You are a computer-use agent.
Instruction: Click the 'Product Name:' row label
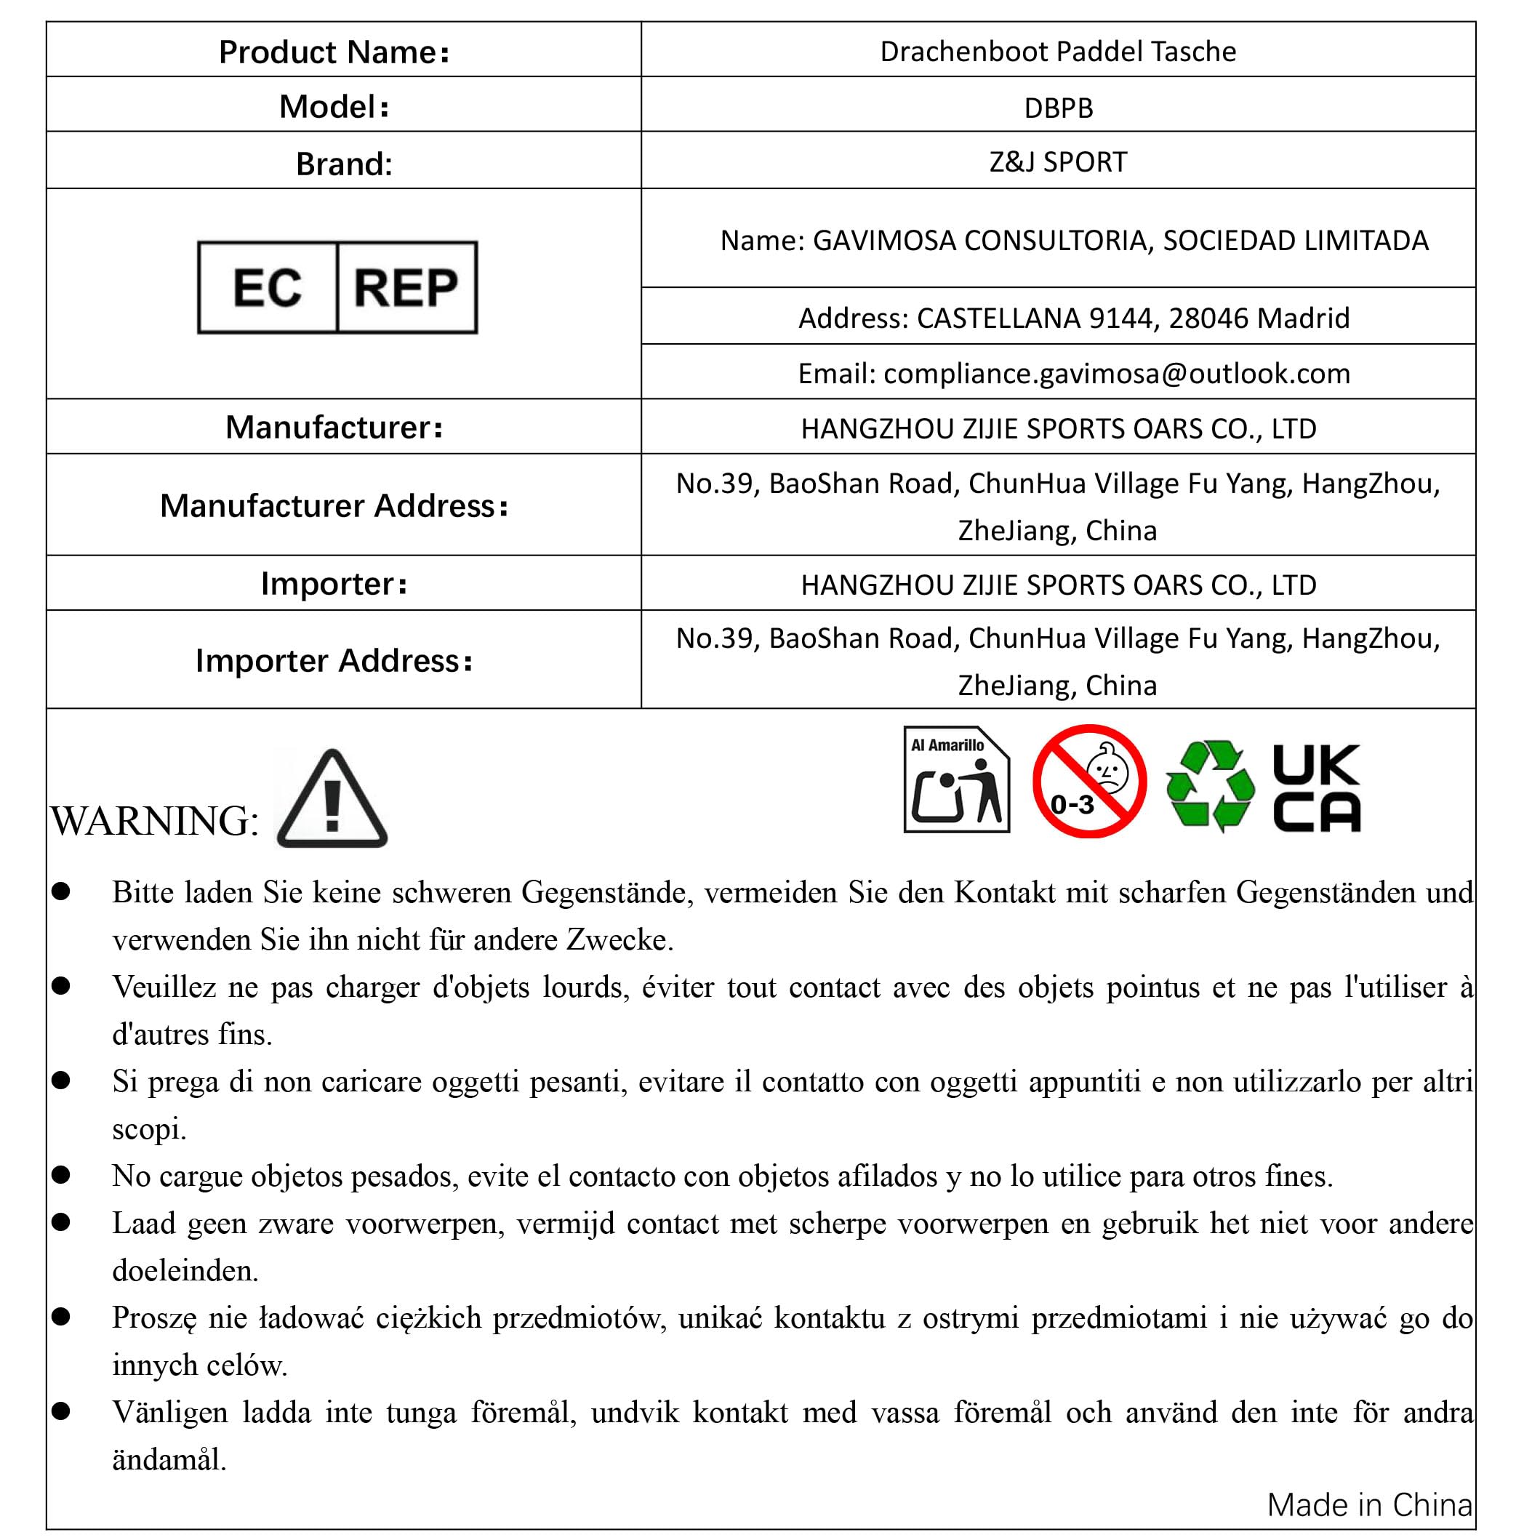pos(334,52)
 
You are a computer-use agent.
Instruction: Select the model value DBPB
pos(1058,108)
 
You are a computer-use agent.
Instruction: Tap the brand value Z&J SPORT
pos(1058,162)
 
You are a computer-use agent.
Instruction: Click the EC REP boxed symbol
pos(337,287)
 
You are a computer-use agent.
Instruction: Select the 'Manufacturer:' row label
pos(334,428)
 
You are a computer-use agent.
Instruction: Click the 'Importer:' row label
pos(334,583)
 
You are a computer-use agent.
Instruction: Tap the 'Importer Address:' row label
pos(334,660)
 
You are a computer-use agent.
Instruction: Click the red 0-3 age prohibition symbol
pos(1089,781)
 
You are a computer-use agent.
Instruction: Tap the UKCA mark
pos(1316,787)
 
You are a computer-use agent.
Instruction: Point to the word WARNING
pos(154,821)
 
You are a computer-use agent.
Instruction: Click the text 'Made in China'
pos(1369,1505)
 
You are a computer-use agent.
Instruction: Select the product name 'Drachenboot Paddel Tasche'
pos(1058,52)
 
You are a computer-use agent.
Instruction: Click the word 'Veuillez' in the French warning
pos(164,987)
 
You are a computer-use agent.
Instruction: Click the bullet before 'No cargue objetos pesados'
pos(61,1174)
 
